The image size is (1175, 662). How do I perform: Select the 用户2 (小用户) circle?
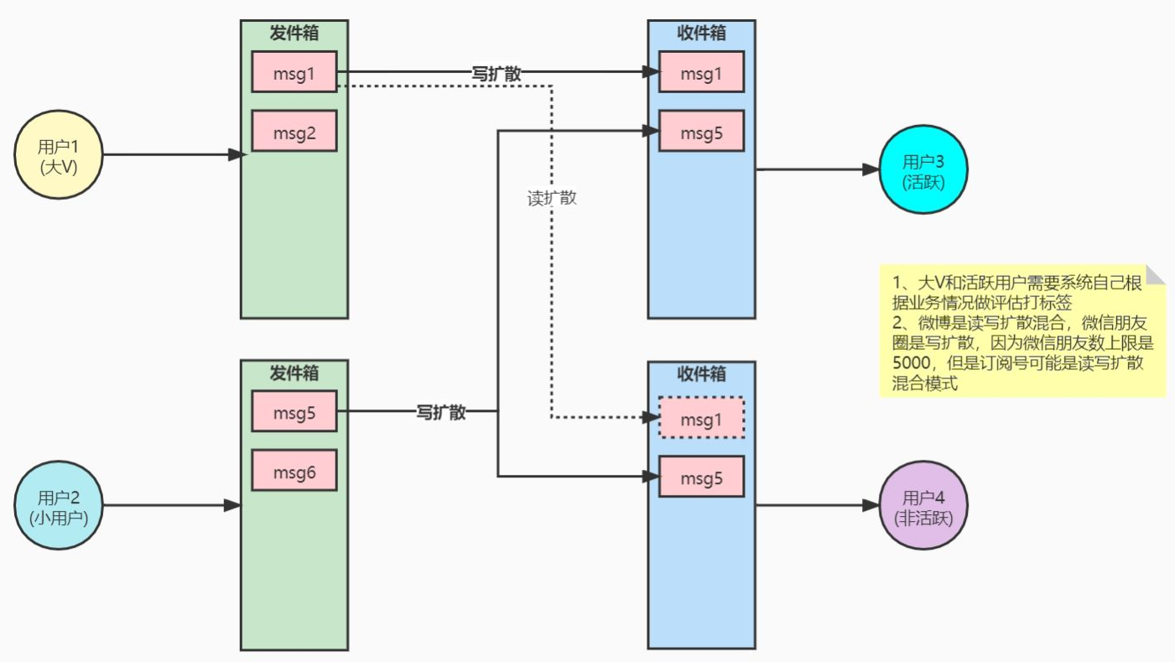[59, 506]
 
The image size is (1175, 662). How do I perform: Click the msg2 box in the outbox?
[294, 131]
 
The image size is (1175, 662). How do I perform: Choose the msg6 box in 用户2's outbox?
[294, 471]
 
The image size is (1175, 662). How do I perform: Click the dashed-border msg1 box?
[701, 417]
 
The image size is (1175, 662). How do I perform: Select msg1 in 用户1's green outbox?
[294, 72]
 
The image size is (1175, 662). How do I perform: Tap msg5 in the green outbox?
[294, 411]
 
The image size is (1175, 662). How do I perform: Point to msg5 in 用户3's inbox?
[701, 131]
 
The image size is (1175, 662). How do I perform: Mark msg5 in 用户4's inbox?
[701, 477]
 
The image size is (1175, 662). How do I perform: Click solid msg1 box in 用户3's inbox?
[701, 72]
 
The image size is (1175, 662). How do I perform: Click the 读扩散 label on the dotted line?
[552, 200]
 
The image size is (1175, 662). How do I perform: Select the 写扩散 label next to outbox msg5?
[441, 412]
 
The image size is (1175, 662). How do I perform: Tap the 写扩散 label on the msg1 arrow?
[497, 73]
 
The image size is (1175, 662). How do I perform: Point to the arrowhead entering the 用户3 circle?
[871, 169]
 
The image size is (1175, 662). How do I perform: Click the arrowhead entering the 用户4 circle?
[871, 506]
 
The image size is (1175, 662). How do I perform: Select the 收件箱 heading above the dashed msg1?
[701, 373]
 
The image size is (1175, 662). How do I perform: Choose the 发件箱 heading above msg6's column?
[294, 372]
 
